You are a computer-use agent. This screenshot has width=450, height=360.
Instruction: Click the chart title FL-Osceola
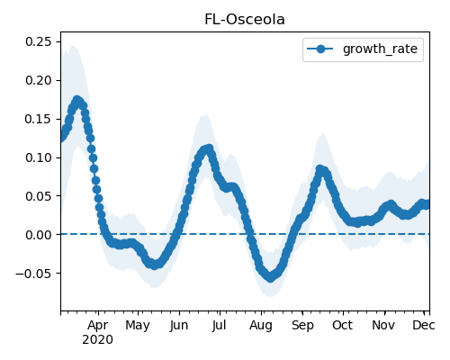245,20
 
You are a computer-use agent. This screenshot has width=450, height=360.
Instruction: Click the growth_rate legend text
380,49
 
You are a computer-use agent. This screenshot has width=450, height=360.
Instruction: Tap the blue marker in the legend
320,49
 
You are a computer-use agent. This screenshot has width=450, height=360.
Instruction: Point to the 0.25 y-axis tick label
38,41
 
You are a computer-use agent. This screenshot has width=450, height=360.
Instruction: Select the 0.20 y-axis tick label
38,80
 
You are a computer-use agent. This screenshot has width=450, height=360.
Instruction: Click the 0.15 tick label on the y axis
38,119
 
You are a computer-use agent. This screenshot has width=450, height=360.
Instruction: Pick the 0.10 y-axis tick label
38,157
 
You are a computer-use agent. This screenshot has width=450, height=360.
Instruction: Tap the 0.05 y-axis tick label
38,196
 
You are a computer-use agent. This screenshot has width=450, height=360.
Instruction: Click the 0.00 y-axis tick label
38,235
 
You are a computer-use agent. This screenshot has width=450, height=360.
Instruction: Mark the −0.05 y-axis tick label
33,274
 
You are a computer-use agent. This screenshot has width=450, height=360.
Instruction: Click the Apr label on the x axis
98,326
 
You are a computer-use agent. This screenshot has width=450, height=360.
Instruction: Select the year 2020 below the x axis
98,340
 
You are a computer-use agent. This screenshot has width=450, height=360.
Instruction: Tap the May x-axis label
138,326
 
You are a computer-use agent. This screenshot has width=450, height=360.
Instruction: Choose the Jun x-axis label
179,326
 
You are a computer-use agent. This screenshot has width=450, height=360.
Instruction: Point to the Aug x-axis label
261,326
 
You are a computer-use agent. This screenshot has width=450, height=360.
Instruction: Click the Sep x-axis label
302,326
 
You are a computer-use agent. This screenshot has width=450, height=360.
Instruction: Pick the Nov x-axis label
383,325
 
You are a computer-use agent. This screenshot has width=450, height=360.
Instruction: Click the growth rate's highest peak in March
77,100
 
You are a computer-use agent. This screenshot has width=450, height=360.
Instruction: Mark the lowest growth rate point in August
270,278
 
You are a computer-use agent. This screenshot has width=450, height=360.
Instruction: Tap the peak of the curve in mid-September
319,169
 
